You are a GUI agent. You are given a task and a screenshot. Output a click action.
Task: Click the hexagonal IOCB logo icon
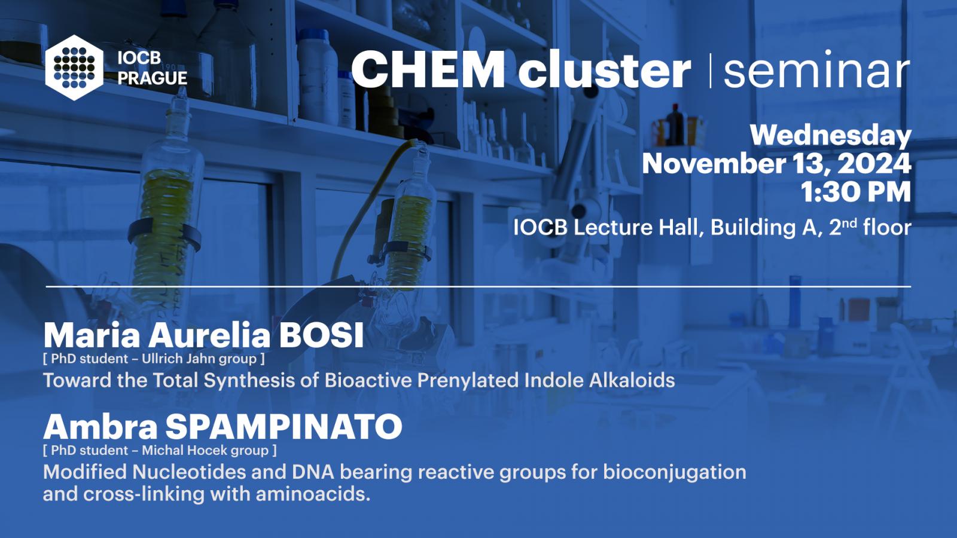pos(74,68)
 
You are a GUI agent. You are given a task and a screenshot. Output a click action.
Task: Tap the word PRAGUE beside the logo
pos(153,78)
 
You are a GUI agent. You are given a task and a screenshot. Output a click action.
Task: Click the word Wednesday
pos(831,136)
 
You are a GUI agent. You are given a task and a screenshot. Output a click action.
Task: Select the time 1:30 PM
pos(856,192)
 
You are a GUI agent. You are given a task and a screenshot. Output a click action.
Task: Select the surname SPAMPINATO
pos(284,427)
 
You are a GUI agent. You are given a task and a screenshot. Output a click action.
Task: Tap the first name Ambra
pos(100,427)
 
